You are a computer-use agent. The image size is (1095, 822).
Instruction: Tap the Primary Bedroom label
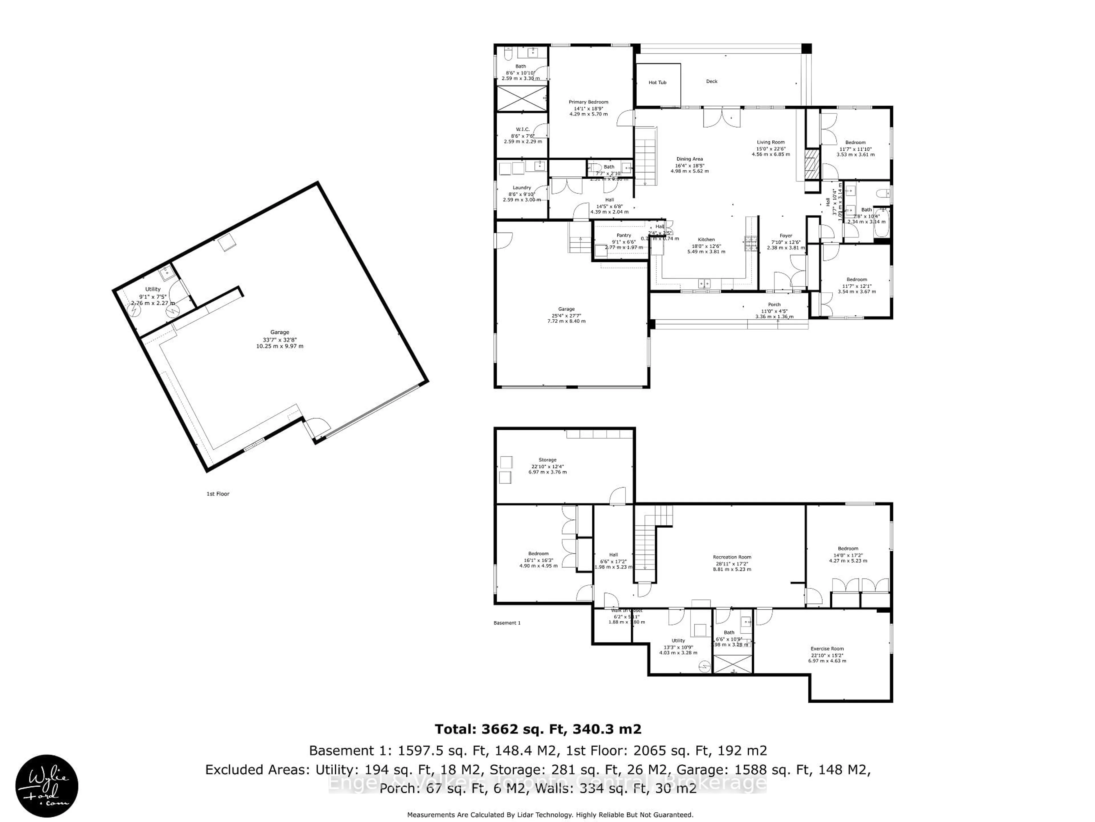click(588, 102)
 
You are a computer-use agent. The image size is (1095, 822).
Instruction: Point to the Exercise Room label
click(827, 648)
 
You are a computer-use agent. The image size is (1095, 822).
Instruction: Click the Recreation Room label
click(732, 557)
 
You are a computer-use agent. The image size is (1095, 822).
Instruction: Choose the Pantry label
click(623, 235)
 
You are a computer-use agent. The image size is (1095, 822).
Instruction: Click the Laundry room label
click(522, 188)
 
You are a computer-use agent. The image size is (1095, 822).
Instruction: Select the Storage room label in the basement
click(547, 460)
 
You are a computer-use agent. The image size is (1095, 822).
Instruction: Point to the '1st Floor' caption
click(218, 494)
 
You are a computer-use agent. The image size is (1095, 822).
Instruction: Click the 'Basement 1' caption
click(507, 623)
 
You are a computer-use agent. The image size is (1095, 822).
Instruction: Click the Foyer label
click(786, 236)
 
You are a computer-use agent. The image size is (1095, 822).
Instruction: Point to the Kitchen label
click(706, 240)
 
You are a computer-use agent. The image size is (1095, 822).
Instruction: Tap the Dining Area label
click(690, 159)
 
